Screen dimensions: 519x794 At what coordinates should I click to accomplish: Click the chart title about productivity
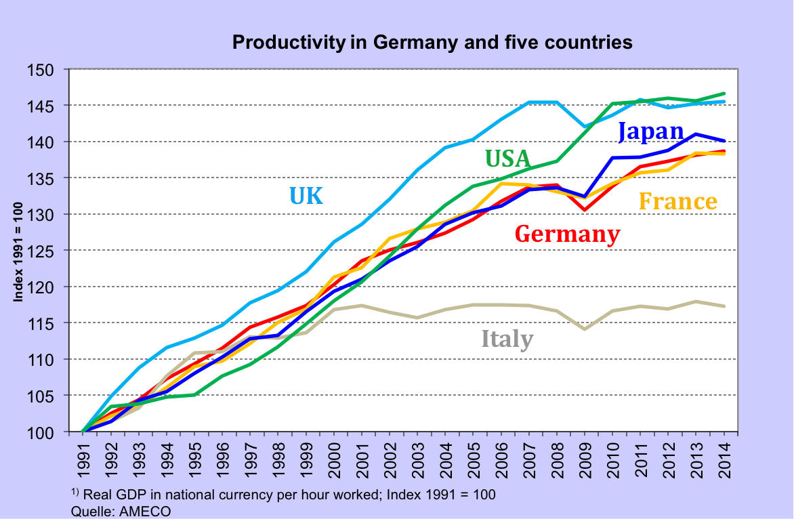pyautogui.click(x=432, y=43)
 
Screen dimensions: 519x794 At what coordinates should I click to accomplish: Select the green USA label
pyautogui.click(x=507, y=159)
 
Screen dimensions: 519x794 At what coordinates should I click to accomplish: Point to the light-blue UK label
pyautogui.click(x=306, y=196)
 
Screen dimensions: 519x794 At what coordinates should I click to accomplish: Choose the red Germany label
pyautogui.click(x=567, y=234)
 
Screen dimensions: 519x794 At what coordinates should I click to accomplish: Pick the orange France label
pyautogui.click(x=677, y=201)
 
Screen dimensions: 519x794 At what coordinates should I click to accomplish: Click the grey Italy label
pyautogui.click(x=507, y=338)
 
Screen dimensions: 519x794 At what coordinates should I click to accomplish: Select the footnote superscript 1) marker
pyautogui.click(x=75, y=492)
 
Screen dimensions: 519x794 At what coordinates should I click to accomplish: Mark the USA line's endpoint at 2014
pyautogui.click(x=724, y=94)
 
